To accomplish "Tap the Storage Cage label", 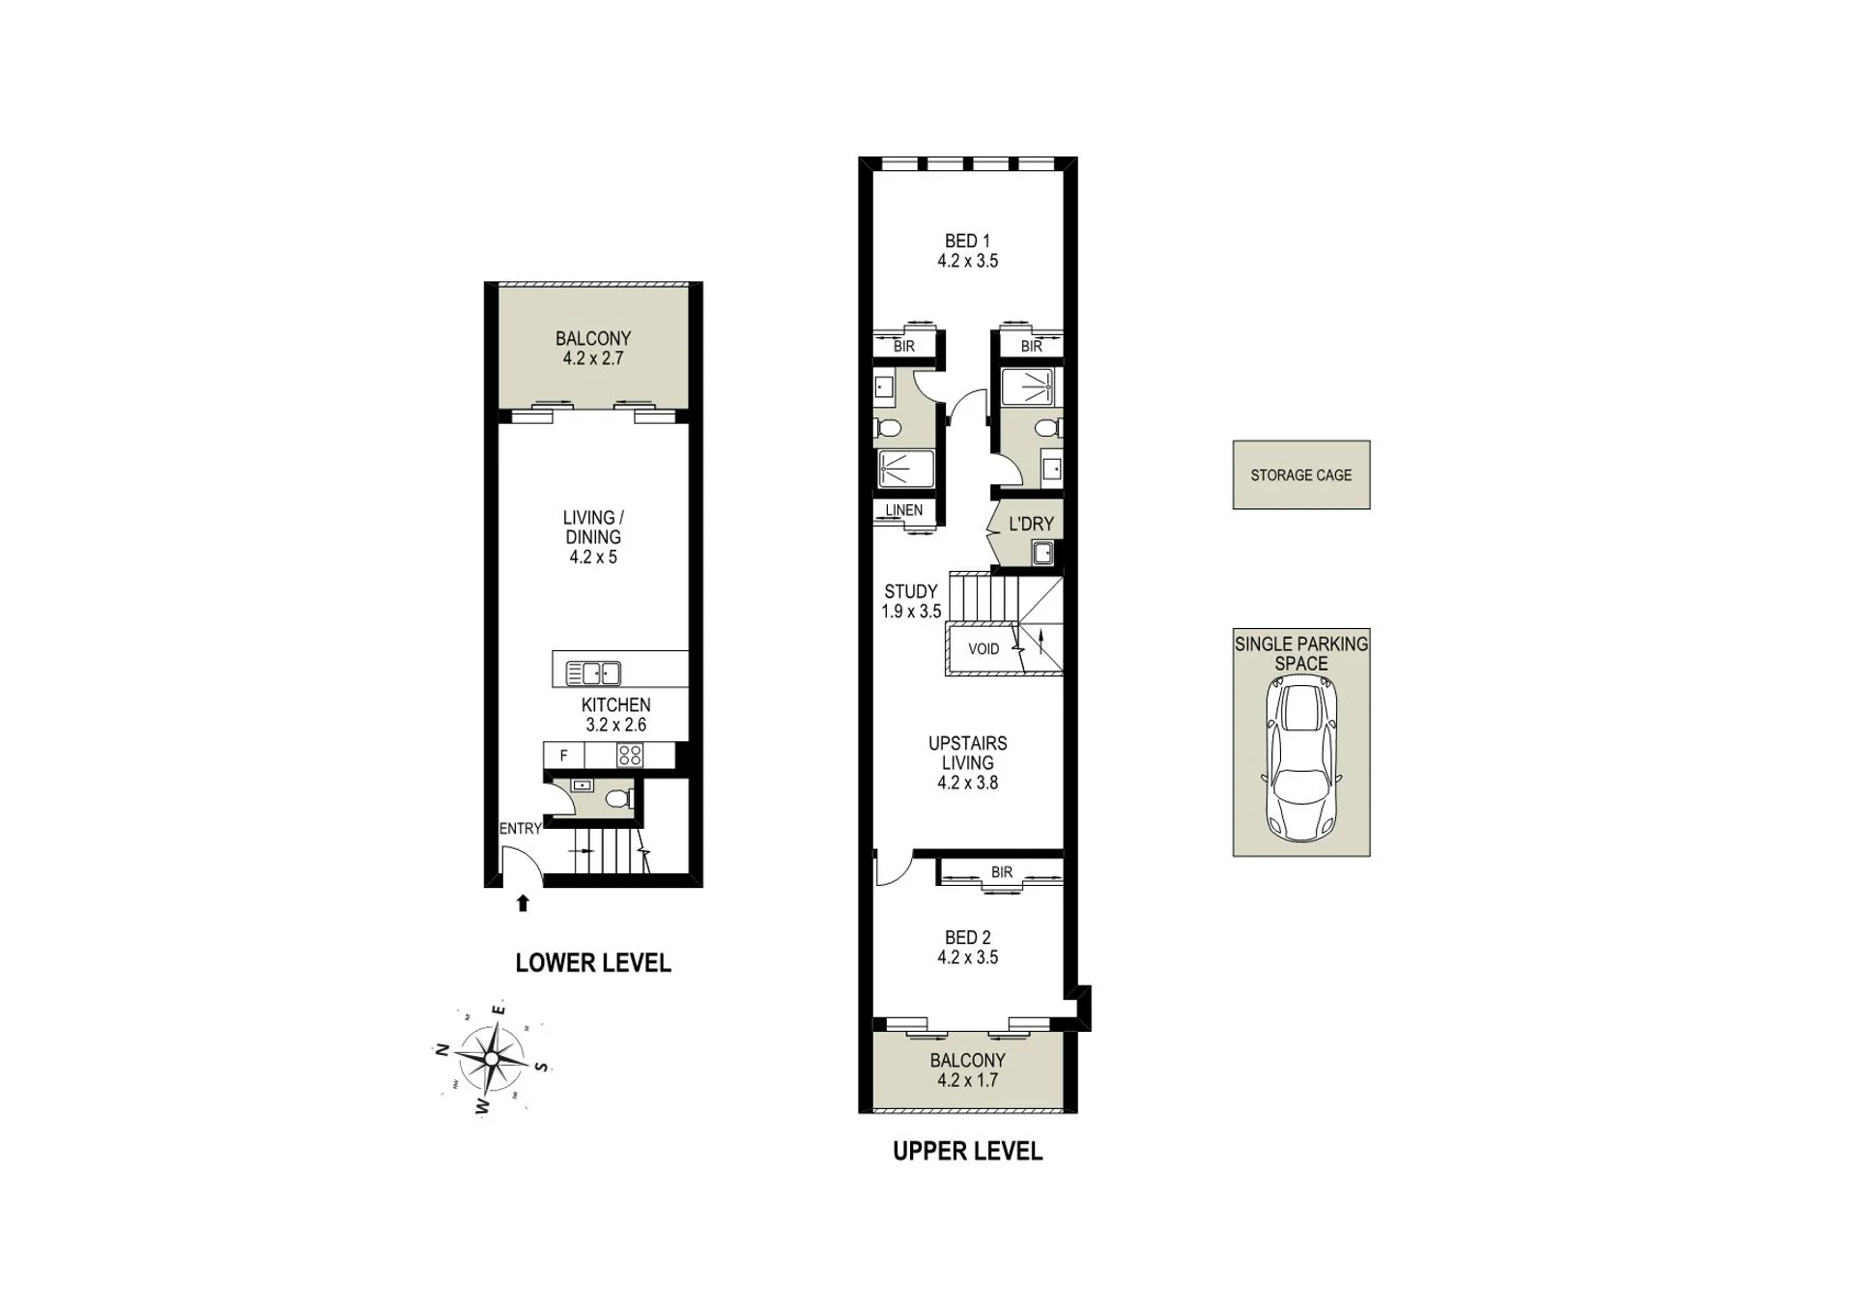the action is coord(1300,475).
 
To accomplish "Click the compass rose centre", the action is coord(492,1059).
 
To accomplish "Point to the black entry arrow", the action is coord(523,903).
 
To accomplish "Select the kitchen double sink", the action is coord(592,672).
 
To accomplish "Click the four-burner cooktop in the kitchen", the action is coord(630,755).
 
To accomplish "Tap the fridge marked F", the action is coord(564,756).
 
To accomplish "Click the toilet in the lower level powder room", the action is coord(619,799).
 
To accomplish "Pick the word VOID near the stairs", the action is coord(984,649).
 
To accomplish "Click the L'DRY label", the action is coord(1031,524).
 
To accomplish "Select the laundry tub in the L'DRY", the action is coord(1042,554).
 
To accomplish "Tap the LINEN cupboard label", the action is coord(903,510).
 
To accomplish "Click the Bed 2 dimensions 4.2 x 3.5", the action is coord(967,957).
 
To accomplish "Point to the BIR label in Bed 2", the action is coord(1002,872).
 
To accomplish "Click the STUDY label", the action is coord(911,591).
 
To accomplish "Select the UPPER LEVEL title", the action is coord(967,1151).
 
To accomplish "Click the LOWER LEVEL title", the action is coord(592,962).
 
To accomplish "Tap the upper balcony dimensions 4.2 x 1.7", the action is coord(967,1080).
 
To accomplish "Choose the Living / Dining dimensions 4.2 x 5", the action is coord(592,557).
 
